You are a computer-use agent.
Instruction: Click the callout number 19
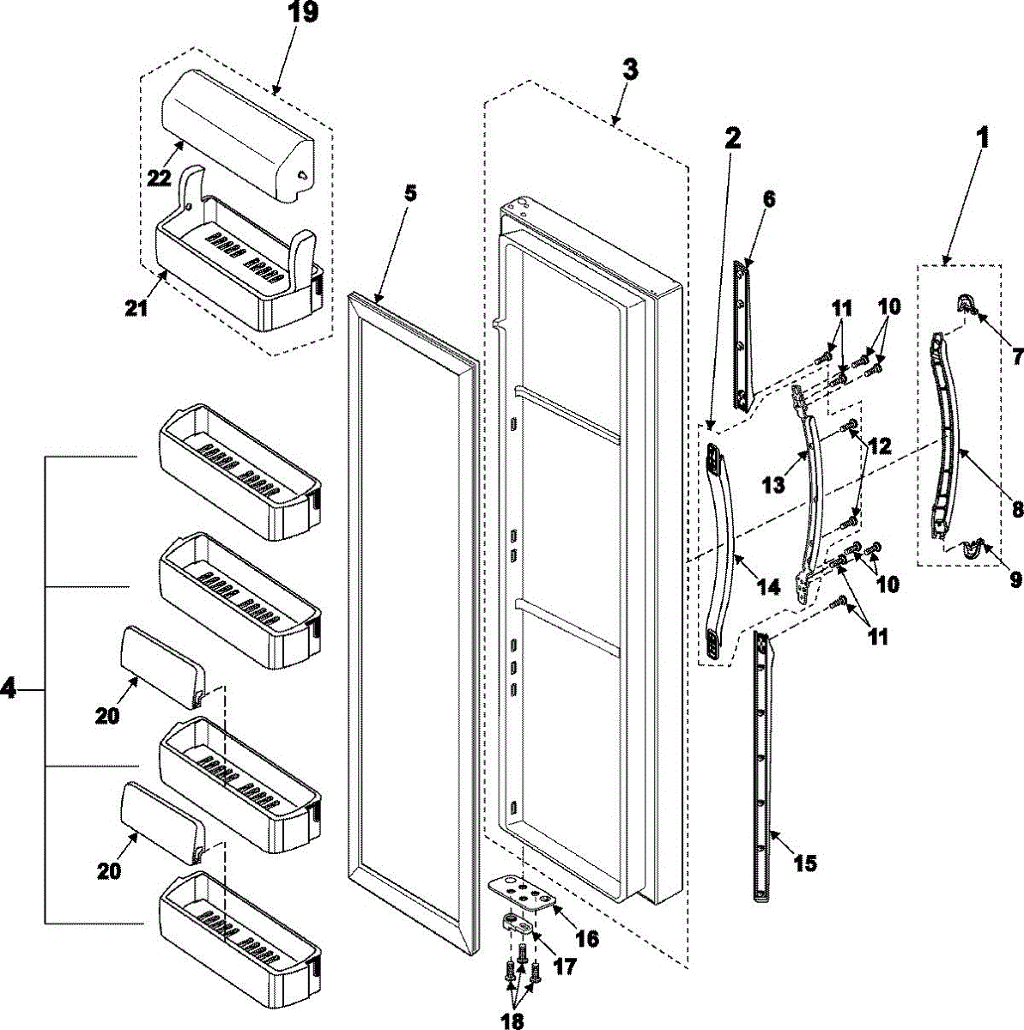pos(303,13)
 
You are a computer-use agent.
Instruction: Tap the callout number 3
pos(630,70)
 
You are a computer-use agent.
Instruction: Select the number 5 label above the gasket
pos(409,192)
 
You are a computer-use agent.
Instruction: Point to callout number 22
pos(160,177)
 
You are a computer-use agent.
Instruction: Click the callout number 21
pos(136,308)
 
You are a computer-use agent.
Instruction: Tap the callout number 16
pos(586,939)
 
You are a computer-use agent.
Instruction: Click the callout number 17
pos(564,966)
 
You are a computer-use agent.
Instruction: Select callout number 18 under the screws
pos(512,1020)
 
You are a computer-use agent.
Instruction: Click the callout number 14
pos(768,586)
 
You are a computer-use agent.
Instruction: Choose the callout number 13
pos(773,484)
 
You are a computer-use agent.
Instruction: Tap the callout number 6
pos(768,199)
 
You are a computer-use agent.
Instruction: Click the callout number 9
pos(1015,580)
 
